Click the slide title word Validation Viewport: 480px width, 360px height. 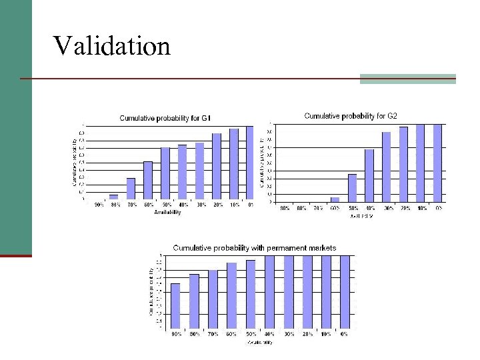click(x=112, y=47)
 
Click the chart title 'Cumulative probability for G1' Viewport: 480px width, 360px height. click(x=165, y=118)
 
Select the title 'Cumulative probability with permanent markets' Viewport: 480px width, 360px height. click(x=255, y=248)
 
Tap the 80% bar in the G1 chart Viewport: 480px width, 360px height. click(x=114, y=197)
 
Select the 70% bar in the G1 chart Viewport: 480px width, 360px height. click(x=131, y=189)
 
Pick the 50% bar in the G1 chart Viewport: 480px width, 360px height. click(x=165, y=173)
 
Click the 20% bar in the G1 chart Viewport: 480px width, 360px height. click(x=217, y=166)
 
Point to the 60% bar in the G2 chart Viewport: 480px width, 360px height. click(x=335, y=199)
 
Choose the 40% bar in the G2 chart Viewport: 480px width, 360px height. click(x=369, y=175)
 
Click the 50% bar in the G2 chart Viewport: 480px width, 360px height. click(x=353, y=187)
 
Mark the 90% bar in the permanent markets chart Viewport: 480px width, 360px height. click(x=175, y=306)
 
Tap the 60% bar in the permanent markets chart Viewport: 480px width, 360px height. click(x=231, y=296)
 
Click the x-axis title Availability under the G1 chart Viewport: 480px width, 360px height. click(x=167, y=213)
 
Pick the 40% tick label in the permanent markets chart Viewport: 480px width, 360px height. click(x=269, y=334)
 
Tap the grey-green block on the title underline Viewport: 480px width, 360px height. click(x=407, y=79)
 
